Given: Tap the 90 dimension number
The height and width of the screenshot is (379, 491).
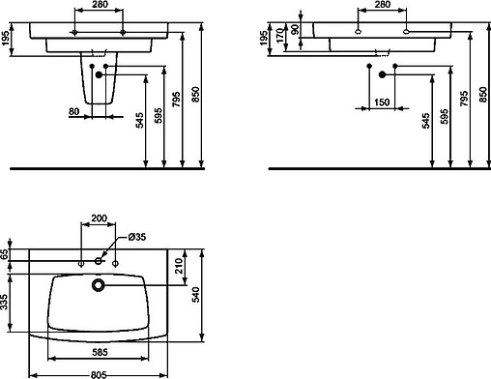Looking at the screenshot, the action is click(294, 30).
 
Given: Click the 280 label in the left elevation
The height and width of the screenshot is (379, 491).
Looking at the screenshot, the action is click(99, 7).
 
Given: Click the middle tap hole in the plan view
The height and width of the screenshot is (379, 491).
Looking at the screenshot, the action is click(98, 261).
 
